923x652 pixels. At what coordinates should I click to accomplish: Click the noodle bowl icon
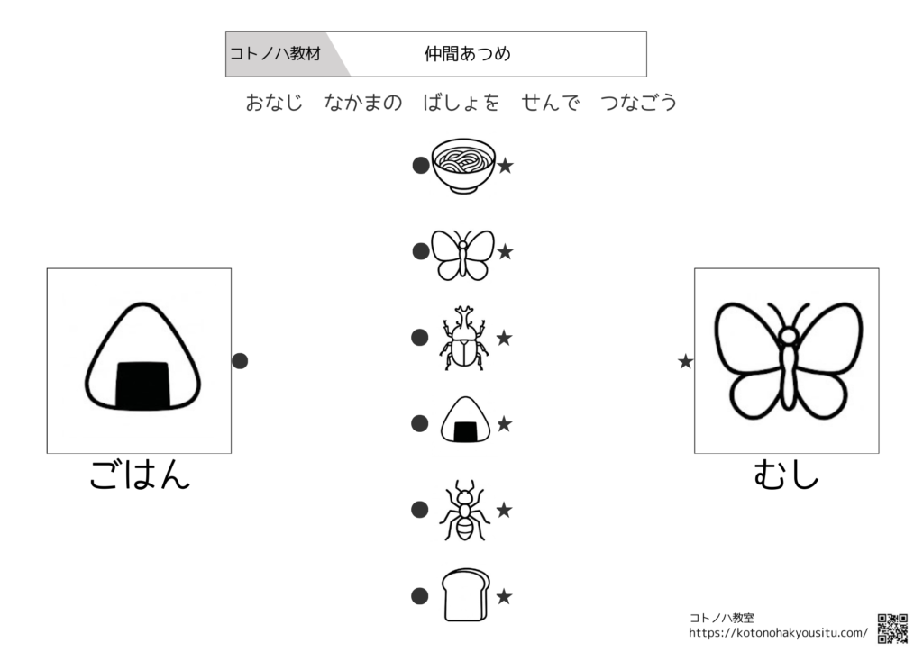point(463,167)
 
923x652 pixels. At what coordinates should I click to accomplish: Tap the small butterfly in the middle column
point(462,254)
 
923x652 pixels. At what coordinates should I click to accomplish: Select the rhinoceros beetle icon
point(464,338)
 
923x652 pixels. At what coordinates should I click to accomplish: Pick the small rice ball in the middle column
point(465,419)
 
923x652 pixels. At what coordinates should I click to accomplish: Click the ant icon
point(464,511)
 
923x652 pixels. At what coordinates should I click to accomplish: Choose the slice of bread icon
point(466,595)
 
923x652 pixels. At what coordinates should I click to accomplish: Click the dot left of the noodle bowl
point(421,166)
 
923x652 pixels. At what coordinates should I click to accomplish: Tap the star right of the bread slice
point(504,597)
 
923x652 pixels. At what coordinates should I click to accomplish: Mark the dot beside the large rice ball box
point(240,361)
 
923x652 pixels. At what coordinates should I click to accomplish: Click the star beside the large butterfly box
point(685,361)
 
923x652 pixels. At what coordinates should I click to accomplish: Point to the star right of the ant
point(504,510)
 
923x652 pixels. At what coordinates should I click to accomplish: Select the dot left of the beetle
point(420,338)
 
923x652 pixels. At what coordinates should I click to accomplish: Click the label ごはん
point(140,475)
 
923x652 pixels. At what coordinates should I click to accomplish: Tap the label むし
point(786,475)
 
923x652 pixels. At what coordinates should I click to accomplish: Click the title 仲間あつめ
point(468,54)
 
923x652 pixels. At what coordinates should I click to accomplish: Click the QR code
point(892,629)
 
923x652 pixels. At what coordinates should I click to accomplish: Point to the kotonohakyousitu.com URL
point(778,633)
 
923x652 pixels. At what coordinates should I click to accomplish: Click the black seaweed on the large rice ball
point(142,385)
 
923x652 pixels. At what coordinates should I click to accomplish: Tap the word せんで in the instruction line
point(551,103)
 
